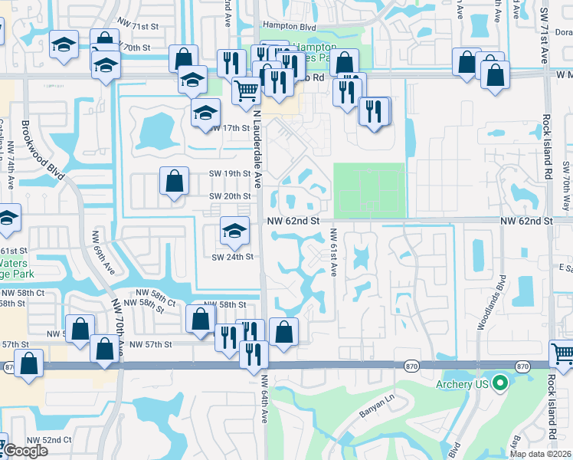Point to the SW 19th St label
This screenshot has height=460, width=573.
coord(230,173)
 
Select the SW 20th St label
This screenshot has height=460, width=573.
coord(230,196)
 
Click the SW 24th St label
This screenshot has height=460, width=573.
coord(232,256)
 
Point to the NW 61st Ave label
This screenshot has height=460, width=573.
coord(334,253)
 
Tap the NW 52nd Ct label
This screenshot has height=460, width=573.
coord(49,440)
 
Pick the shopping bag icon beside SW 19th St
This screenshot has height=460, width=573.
coord(175,182)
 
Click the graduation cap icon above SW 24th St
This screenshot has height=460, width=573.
coord(234,230)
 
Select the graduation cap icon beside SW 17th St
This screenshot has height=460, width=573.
coord(205,113)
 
